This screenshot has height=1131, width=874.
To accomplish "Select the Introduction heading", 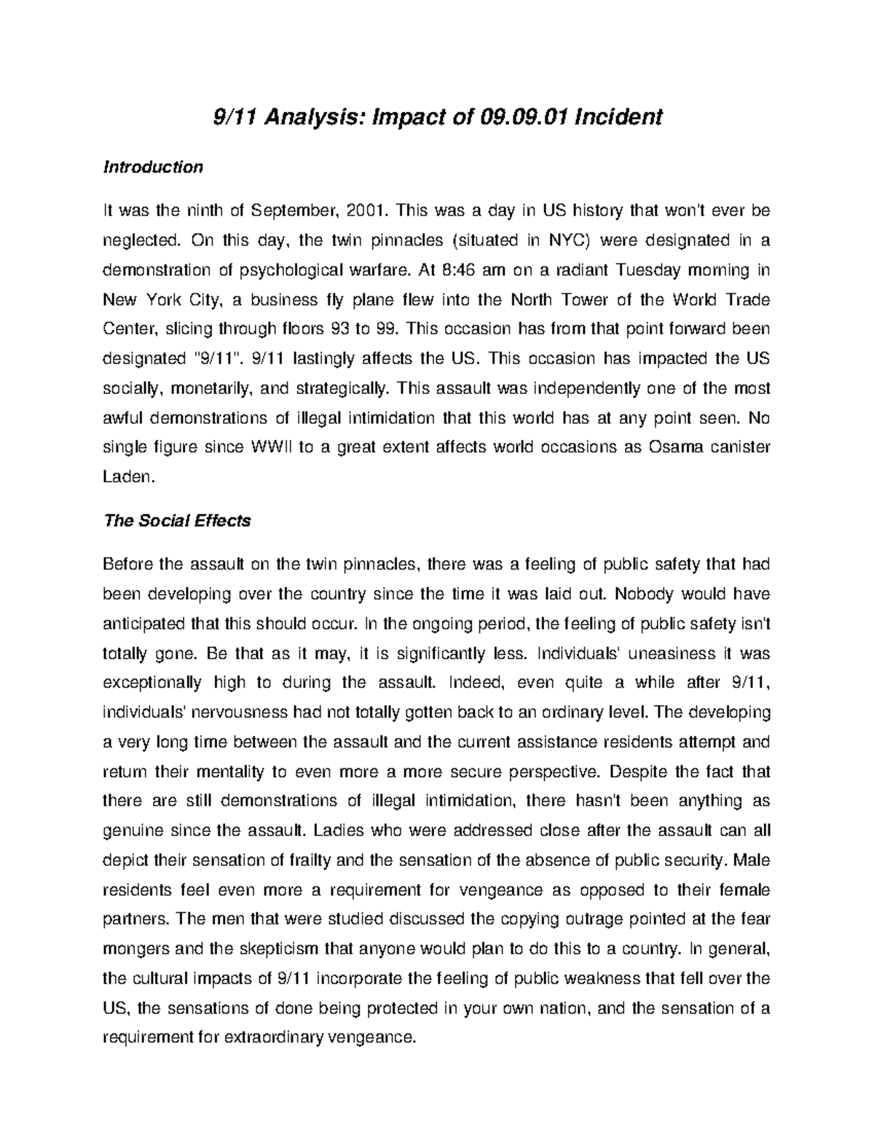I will point(153,168).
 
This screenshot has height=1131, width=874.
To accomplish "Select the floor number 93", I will point(339,329).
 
